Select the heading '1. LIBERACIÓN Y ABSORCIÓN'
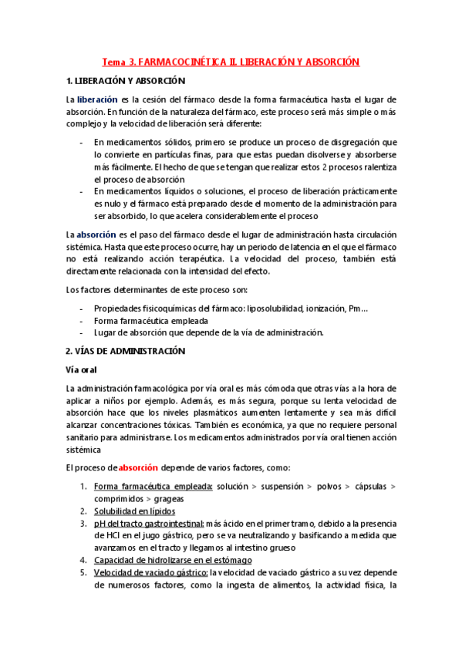[x=126, y=81]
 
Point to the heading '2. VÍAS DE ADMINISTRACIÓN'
[x=126, y=350]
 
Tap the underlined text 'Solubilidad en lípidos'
[x=134, y=511]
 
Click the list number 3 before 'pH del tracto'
[x=83, y=523]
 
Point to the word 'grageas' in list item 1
[x=146, y=498]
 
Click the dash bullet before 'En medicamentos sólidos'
[x=82, y=143]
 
